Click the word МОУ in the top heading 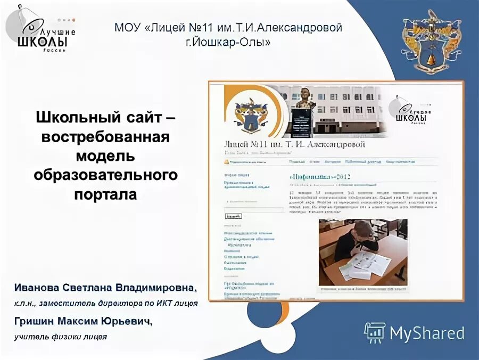click(127, 28)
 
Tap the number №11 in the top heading click(196, 28)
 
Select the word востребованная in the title click(105, 136)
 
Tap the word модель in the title click(105, 156)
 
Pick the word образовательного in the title click(105, 175)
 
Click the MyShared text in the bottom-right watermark click(427, 333)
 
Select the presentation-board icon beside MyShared click(375, 333)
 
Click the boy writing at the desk click(357, 240)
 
